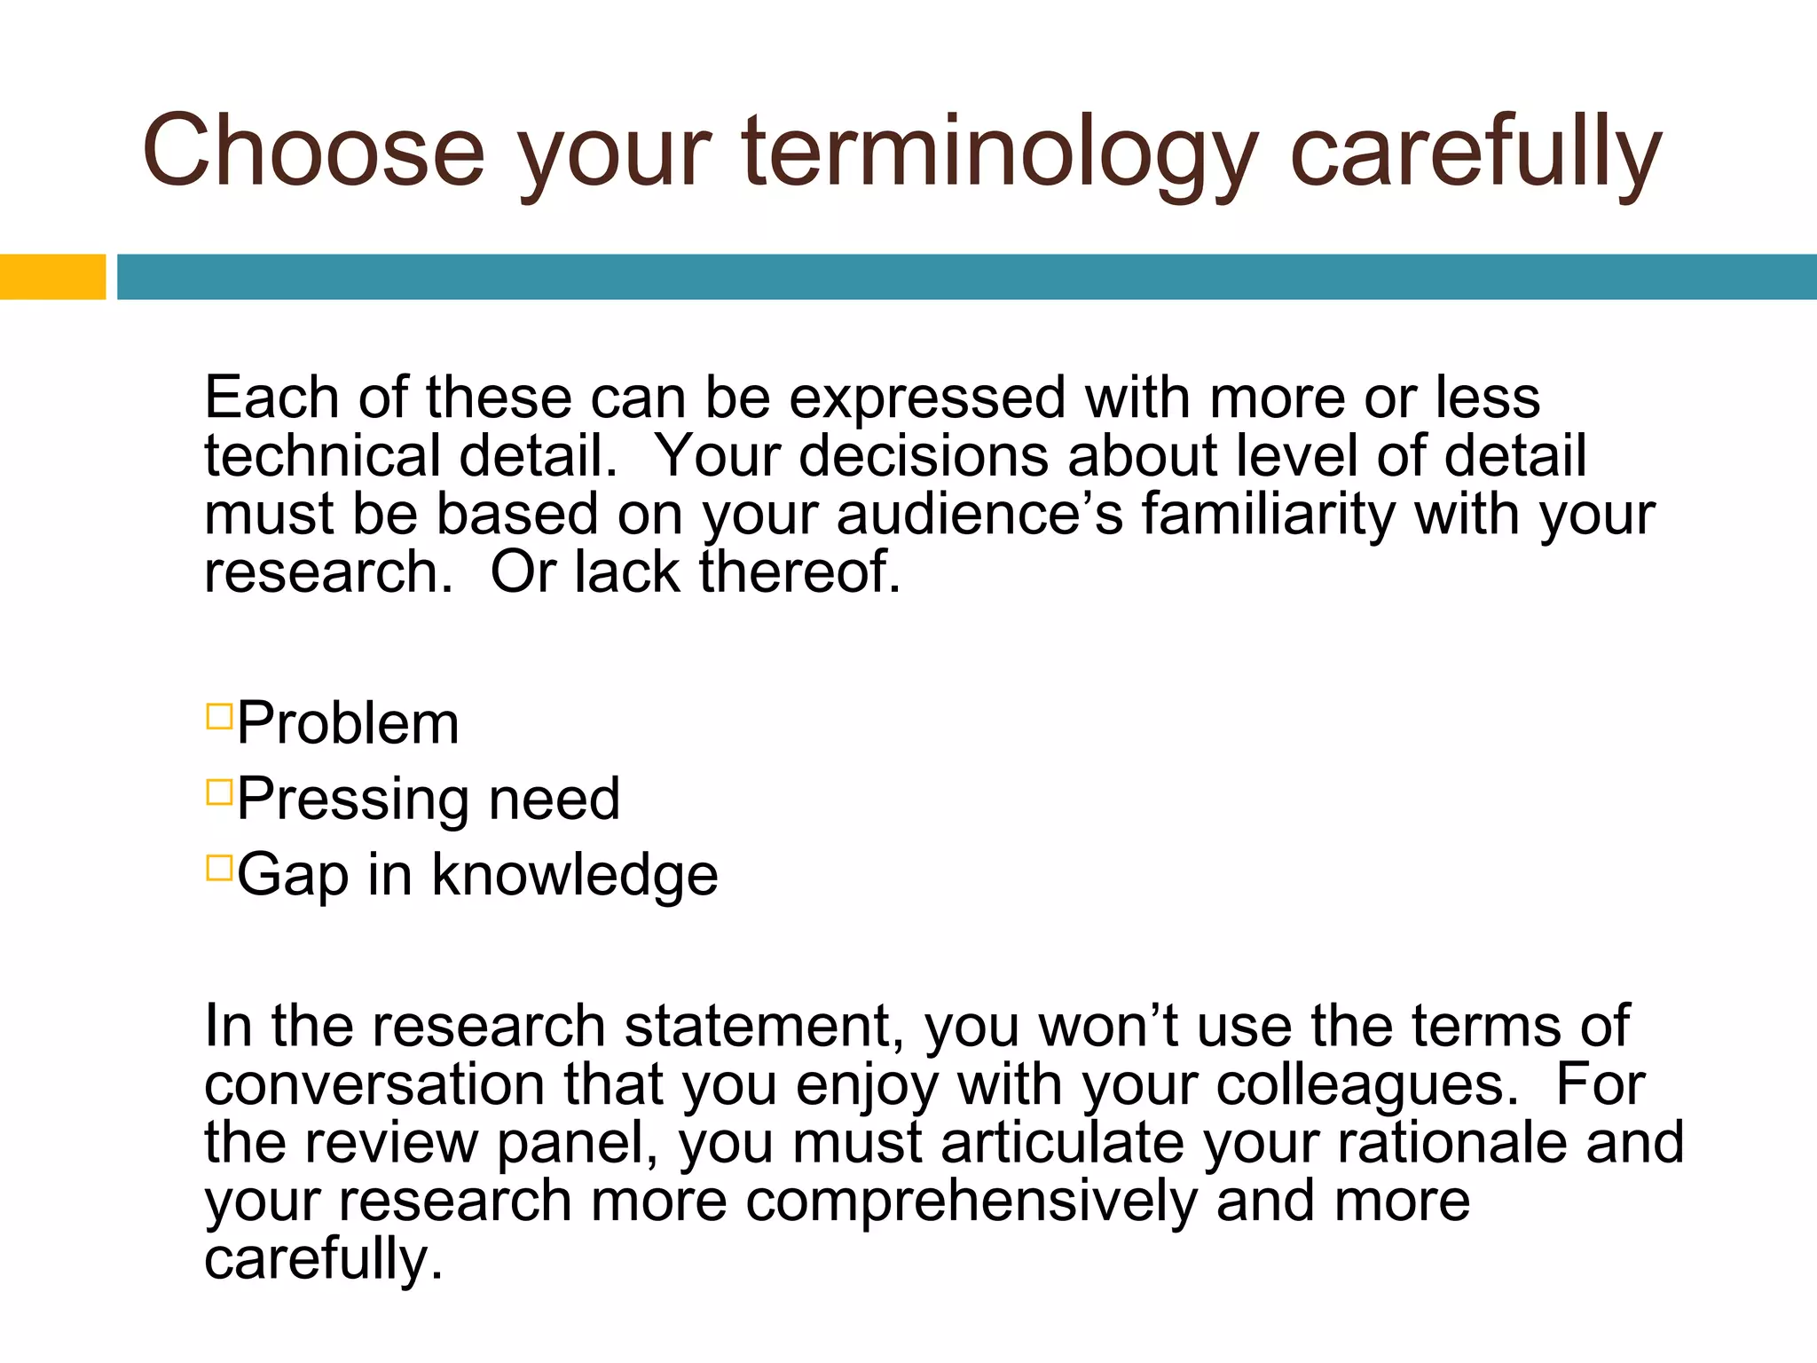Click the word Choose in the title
(313, 151)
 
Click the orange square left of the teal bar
(52, 277)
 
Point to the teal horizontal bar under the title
(967, 277)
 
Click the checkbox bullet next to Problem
(218, 716)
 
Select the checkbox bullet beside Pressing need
(218, 792)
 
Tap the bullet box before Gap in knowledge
(218, 867)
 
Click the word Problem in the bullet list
(348, 723)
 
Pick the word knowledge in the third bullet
(575, 875)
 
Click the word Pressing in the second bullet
(352, 800)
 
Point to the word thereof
(799, 572)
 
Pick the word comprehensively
(971, 1201)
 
